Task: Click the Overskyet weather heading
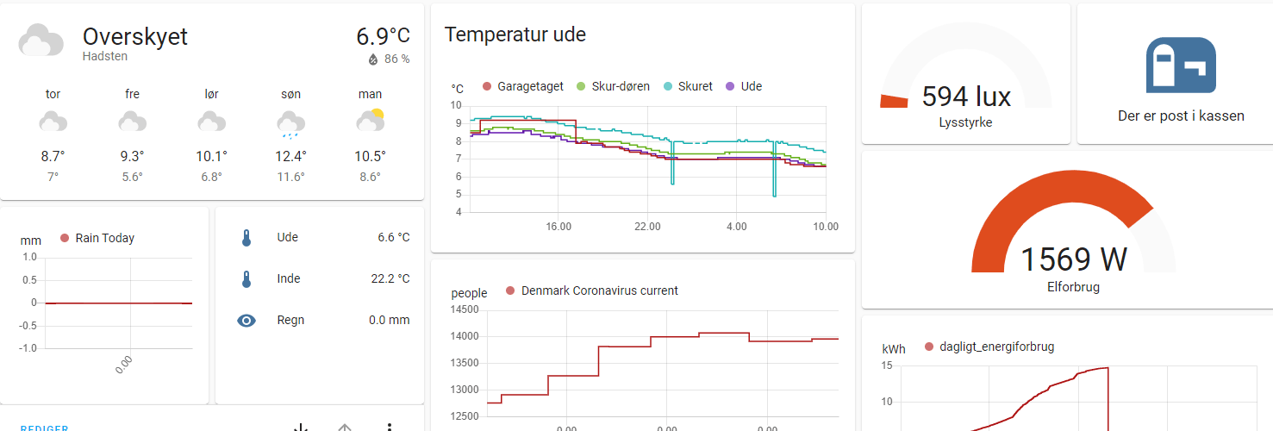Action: coord(134,37)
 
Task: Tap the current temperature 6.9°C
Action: coord(383,36)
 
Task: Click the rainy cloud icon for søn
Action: coord(290,124)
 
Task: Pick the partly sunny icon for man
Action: coord(370,121)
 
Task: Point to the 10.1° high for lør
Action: coord(211,156)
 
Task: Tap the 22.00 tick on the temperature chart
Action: coord(647,226)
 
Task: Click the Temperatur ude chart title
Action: coord(515,34)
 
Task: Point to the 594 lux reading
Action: coord(966,96)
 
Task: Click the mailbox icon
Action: coord(1180,66)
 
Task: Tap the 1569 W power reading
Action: coord(1073,259)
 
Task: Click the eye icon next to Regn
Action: coord(246,321)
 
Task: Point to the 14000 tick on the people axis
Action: coord(464,336)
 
